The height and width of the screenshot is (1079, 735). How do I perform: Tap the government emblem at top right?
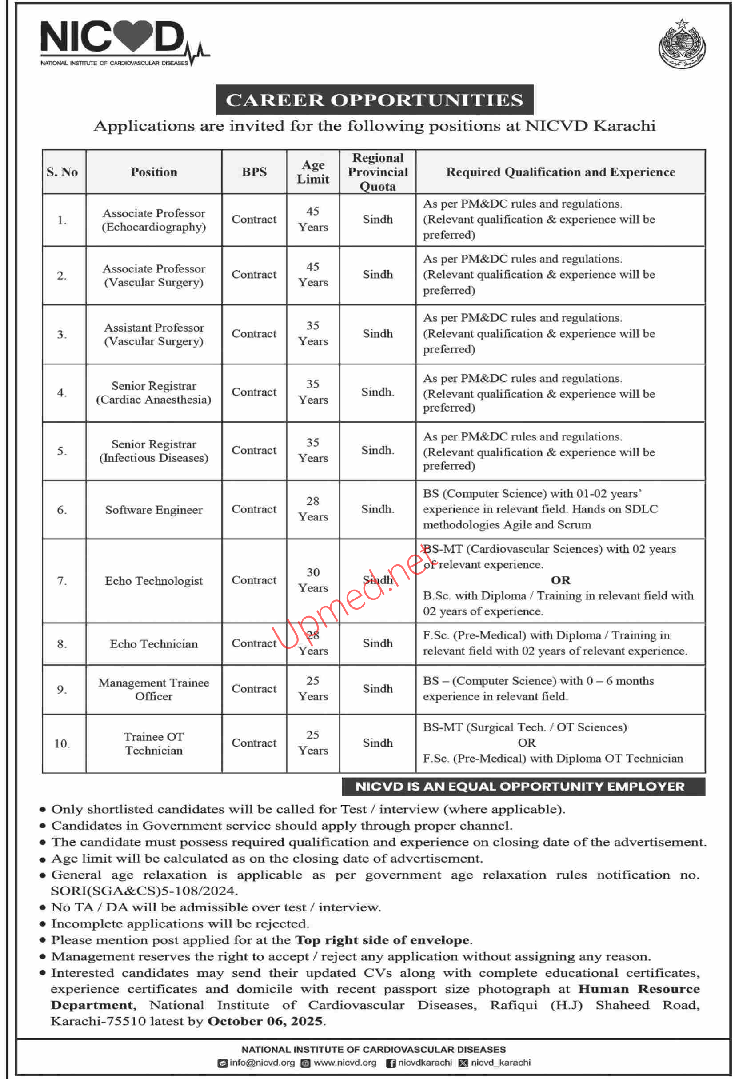click(x=682, y=44)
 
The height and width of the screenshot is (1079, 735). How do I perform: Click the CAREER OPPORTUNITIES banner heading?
click(x=374, y=100)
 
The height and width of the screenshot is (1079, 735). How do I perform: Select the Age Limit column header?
click(x=313, y=172)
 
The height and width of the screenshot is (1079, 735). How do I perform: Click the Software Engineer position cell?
click(x=154, y=510)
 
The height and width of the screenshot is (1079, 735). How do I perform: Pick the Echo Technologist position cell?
click(x=154, y=581)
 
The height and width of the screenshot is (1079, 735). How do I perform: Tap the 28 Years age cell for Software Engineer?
click(x=313, y=509)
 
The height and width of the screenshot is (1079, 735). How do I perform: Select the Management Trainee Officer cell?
click(x=154, y=689)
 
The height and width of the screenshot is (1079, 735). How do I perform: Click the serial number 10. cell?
click(x=62, y=744)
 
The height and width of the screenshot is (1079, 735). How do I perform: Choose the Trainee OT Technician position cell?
click(x=154, y=744)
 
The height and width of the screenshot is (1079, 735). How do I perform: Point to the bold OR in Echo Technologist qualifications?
click(x=560, y=580)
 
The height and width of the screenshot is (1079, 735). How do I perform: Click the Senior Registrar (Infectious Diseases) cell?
click(x=154, y=451)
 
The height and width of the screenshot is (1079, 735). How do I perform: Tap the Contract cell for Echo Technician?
click(x=254, y=643)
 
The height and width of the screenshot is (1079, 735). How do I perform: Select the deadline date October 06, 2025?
click(x=265, y=1021)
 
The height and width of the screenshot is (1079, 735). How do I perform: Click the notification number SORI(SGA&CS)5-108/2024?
click(x=144, y=891)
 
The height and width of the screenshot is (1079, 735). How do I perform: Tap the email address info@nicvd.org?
click(x=262, y=1062)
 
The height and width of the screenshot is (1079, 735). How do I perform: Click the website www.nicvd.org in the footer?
click(x=344, y=1062)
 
